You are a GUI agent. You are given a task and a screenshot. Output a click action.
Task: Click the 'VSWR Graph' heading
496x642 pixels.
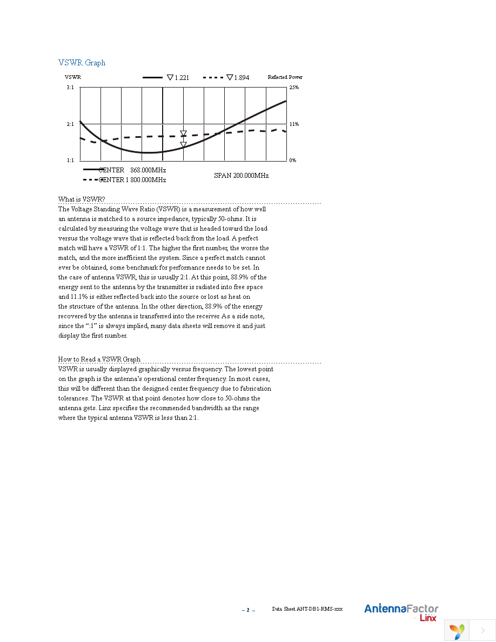[x=82, y=63]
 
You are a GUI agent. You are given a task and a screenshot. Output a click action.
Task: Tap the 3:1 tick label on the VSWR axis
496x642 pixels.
[x=70, y=87]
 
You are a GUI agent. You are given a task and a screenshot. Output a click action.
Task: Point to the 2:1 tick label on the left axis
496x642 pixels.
[x=70, y=124]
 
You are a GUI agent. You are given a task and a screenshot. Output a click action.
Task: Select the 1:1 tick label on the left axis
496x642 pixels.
[x=70, y=160]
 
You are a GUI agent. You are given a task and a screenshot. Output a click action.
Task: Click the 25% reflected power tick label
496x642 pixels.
[x=294, y=87]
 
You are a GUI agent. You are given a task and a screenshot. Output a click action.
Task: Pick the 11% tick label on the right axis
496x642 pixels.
[x=294, y=124]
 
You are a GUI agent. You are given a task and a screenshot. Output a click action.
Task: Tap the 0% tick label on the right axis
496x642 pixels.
[x=292, y=160]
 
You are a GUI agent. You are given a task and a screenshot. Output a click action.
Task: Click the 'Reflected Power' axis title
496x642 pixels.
[x=285, y=77]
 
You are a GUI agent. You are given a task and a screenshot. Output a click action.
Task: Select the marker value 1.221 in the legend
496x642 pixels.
[x=182, y=78]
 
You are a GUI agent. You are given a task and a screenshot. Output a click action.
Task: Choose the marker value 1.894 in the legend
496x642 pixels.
[x=242, y=78]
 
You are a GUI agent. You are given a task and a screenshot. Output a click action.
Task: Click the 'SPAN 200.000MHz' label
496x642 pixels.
[x=241, y=176]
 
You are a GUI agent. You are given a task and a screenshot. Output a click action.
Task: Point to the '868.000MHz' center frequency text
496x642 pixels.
[x=148, y=170]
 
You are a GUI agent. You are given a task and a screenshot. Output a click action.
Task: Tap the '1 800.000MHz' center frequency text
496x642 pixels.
[x=146, y=180]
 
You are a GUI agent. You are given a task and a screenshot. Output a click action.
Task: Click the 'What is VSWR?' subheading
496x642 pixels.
[x=82, y=199]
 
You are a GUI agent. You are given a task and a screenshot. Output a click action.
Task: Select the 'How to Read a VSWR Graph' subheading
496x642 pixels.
[x=99, y=359]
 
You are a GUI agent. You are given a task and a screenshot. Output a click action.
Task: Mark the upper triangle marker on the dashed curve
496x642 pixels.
[x=183, y=133]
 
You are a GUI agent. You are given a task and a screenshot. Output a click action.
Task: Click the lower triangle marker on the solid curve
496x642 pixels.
[x=183, y=145]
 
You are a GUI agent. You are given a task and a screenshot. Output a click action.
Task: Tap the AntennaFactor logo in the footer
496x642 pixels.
[x=401, y=609]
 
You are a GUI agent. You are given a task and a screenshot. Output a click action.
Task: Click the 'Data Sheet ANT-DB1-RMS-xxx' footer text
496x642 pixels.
[x=307, y=609]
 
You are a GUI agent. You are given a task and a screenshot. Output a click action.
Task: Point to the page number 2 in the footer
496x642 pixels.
[x=248, y=610]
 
